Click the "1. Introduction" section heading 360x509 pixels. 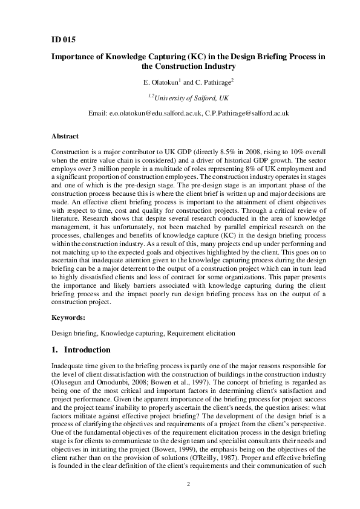81,350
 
